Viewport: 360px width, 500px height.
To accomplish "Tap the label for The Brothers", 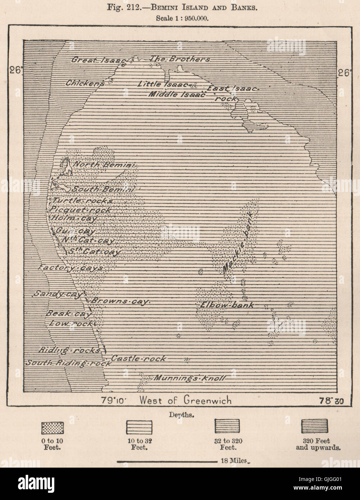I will pyautogui.click(x=180, y=59).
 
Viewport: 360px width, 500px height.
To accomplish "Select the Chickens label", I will pyautogui.click(x=85, y=83).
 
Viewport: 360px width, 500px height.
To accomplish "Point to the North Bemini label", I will pyautogui.click(x=104, y=165).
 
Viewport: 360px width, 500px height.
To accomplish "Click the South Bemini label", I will pyautogui.click(x=103, y=189).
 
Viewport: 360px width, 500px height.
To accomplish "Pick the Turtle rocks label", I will pyautogui.click(x=83, y=201).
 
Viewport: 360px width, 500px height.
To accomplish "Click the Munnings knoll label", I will pyautogui.click(x=190, y=378).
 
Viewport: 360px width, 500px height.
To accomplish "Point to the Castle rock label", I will pyautogui.click(x=139, y=358).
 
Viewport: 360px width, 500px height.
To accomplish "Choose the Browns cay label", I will pyautogui.click(x=119, y=301).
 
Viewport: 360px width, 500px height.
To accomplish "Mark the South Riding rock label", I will pyautogui.click(x=68, y=363).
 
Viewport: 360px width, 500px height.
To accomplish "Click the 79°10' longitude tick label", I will pyautogui.click(x=117, y=400).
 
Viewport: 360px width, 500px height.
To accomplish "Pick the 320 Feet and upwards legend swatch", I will pyautogui.click(x=314, y=426).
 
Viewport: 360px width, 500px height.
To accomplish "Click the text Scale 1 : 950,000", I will pyautogui.click(x=180, y=16).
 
